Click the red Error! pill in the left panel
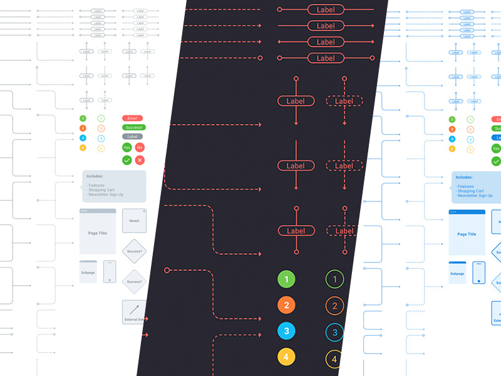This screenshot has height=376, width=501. pyautogui.click(x=132, y=118)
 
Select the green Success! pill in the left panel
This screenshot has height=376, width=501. pyautogui.click(x=132, y=127)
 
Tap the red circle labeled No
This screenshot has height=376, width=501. pyautogui.click(x=140, y=148)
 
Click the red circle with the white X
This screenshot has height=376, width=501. pyautogui.click(x=140, y=160)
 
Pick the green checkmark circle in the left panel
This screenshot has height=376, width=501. pyautogui.click(x=127, y=160)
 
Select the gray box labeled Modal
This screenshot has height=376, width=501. pyautogui.click(x=134, y=221)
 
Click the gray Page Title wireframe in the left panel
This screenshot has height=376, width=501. pyautogui.click(x=98, y=231)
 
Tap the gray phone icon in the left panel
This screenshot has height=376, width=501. pyautogui.click(x=110, y=271)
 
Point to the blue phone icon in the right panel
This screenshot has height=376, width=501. pyautogui.click(x=479, y=272)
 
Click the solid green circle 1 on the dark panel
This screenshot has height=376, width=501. pyautogui.click(x=286, y=279)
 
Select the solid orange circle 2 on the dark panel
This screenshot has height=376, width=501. pyautogui.click(x=286, y=306)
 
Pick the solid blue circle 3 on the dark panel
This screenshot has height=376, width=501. pyautogui.click(x=286, y=332)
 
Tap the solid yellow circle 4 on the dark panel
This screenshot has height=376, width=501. pyautogui.click(x=286, y=357)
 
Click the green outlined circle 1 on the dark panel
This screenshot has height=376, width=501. pyautogui.click(x=334, y=279)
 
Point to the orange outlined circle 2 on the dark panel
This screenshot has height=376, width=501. pyautogui.click(x=334, y=306)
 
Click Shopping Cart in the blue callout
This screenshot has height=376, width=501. pyautogui.click(x=470, y=191)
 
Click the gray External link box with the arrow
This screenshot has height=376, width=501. pyautogui.click(x=134, y=312)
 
